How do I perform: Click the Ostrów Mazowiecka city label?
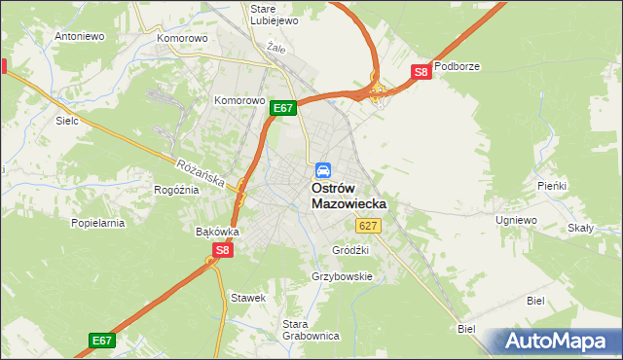point(348,196)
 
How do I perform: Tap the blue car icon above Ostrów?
point(322,169)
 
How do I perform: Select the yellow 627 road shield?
point(367,226)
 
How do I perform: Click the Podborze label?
point(458,67)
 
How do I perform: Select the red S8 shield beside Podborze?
point(421,72)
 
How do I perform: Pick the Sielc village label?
point(66,122)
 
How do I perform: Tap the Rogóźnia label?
point(176,190)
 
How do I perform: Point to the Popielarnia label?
point(98,223)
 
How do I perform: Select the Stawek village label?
point(247,297)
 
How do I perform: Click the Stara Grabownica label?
point(310,330)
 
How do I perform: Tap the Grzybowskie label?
point(343,276)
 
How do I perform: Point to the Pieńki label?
point(552,185)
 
